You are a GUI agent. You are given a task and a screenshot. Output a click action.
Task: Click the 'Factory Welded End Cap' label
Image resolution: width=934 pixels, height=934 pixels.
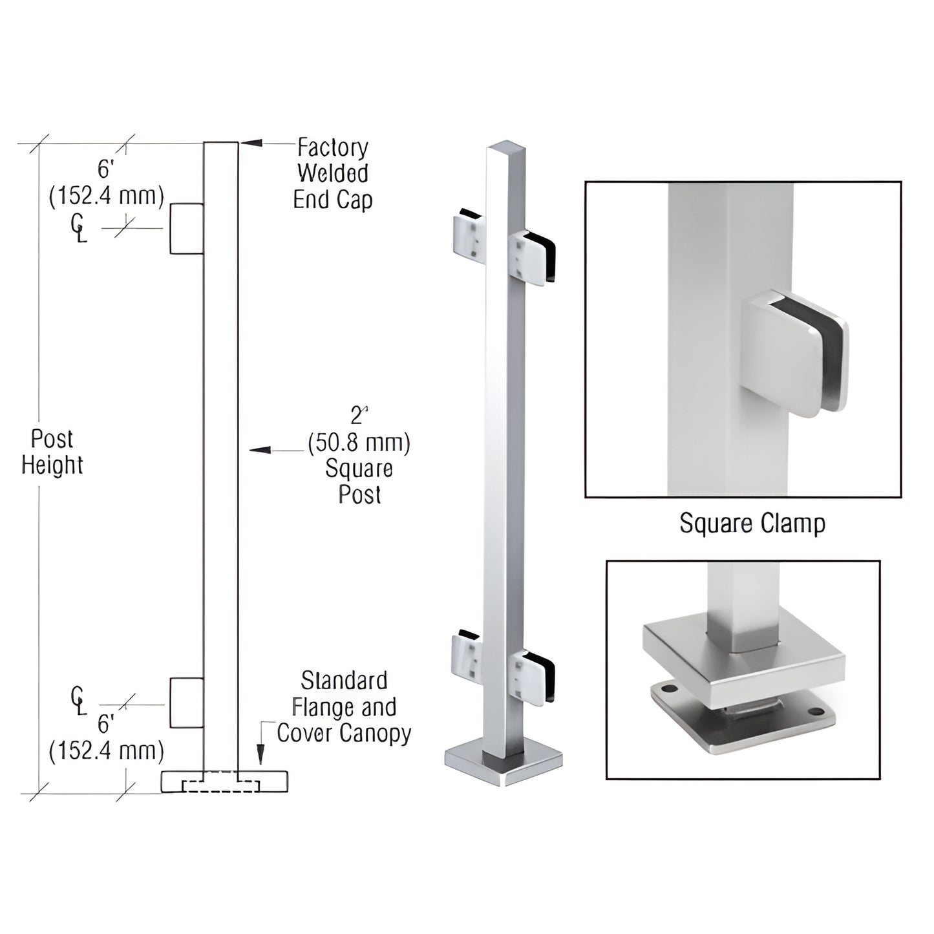point(332,174)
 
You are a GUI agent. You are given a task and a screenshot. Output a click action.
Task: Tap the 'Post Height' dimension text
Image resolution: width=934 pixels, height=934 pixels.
point(52,452)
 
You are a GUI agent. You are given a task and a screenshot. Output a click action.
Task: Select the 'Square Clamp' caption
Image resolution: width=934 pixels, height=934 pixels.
point(752,524)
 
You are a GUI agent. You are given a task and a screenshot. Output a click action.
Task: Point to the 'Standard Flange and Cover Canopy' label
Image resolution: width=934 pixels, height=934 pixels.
point(344,707)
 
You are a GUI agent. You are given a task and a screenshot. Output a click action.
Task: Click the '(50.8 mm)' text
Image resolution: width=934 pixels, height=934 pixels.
point(359,443)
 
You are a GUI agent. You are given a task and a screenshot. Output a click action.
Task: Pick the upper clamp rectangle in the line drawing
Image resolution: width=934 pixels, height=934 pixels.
point(187,229)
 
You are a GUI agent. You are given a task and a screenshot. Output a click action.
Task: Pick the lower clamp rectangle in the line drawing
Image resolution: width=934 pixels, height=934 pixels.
point(187,703)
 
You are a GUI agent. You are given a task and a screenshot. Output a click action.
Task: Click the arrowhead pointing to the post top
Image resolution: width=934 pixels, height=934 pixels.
point(251,143)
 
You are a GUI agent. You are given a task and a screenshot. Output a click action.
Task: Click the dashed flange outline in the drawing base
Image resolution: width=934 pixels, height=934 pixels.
point(222,786)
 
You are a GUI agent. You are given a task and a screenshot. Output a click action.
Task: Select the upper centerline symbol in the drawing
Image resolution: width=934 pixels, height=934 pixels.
point(77,226)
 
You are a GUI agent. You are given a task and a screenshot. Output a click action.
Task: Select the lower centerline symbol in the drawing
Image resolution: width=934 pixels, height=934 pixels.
point(77,701)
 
